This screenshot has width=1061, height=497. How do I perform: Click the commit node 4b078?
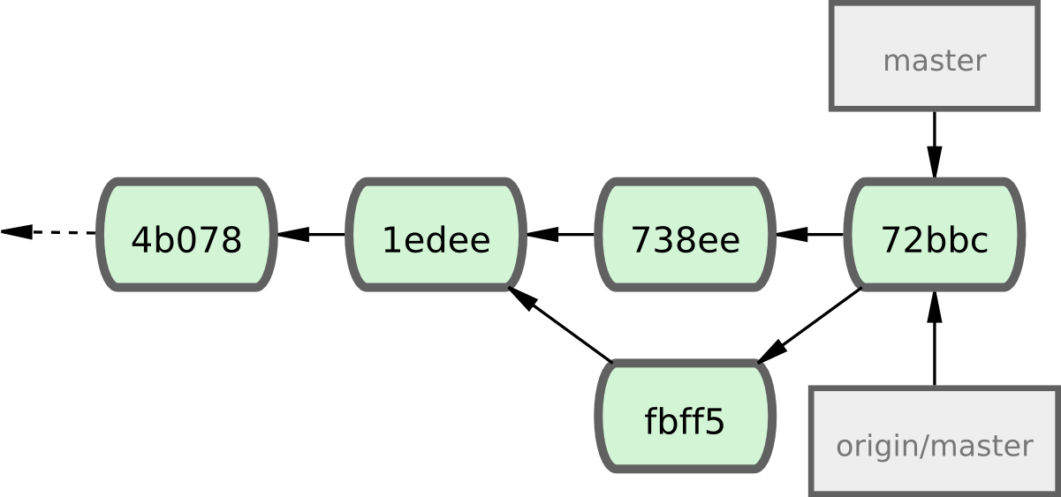click(186, 235)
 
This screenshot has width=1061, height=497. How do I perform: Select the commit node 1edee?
click(436, 235)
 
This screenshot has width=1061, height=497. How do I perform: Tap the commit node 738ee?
click(685, 235)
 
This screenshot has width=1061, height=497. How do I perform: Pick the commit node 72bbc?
click(934, 235)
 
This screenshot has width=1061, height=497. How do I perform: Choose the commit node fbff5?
click(685, 417)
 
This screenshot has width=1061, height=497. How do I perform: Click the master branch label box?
click(934, 56)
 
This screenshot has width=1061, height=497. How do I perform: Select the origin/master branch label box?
click(934, 440)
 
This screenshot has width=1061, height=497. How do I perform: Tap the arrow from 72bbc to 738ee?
click(810, 235)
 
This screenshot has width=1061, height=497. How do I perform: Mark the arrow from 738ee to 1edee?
click(561, 235)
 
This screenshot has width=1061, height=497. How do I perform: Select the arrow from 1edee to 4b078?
click(311, 235)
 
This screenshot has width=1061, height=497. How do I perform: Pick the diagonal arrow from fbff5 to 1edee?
click(561, 325)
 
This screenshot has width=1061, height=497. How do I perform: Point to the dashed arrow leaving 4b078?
click(53, 233)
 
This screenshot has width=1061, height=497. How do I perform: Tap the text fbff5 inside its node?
click(685, 422)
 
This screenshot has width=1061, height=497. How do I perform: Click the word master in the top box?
click(934, 61)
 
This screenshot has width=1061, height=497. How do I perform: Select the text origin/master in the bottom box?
click(934, 446)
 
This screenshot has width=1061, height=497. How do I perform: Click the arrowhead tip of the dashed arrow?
click(4, 232)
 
